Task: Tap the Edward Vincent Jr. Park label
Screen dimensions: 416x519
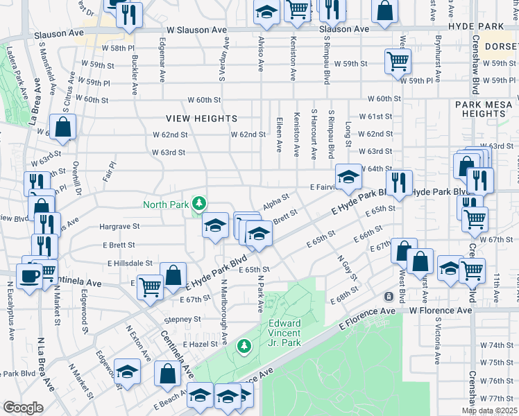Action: [284, 333]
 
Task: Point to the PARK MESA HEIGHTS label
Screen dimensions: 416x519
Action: [484, 109]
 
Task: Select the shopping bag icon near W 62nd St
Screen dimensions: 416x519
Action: [62, 128]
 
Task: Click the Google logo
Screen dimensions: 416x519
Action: [23, 408]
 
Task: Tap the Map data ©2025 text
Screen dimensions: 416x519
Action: [488, 410]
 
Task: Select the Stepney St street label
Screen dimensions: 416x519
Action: [182, 320]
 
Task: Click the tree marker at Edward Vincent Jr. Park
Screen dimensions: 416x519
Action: [244, 345]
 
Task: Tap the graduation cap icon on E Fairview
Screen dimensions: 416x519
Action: [349, 176]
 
